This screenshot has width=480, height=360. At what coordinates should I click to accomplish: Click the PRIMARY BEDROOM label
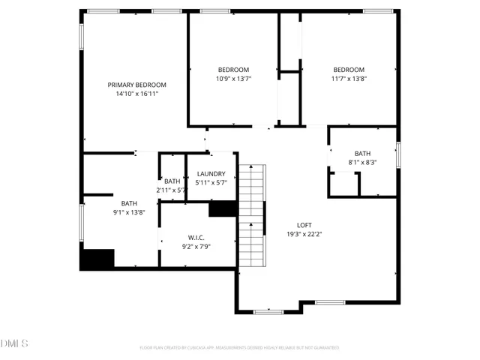point(136,85)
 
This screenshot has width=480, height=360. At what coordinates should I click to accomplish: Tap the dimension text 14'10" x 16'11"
point(136,94)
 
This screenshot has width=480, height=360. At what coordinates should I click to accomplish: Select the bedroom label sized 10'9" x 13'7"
point(233,70)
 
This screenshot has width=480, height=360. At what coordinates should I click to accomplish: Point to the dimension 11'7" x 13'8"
point(349,79)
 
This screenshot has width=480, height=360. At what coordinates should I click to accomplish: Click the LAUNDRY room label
point(211,174)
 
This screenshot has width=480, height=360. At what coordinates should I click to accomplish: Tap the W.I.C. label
point(197,238)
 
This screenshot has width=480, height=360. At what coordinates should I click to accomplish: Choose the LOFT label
point(304,225)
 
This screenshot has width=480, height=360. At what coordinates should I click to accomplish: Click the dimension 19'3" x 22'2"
point(304,234)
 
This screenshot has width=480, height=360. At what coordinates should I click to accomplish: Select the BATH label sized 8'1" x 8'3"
point(362,154)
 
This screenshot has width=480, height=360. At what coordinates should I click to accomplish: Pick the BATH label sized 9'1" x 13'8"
point(129,203)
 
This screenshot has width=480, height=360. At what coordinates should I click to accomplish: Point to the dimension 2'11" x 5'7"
point(171,190)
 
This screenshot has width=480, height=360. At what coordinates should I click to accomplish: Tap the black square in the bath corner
point(97,259)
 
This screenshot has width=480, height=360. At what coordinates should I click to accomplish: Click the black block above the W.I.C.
point(223,209)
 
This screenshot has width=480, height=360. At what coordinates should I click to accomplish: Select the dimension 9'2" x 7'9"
point(197,247)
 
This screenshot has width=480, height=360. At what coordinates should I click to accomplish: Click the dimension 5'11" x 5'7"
point(211,183)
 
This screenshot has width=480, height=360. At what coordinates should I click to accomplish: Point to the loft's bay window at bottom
point(268,310)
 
